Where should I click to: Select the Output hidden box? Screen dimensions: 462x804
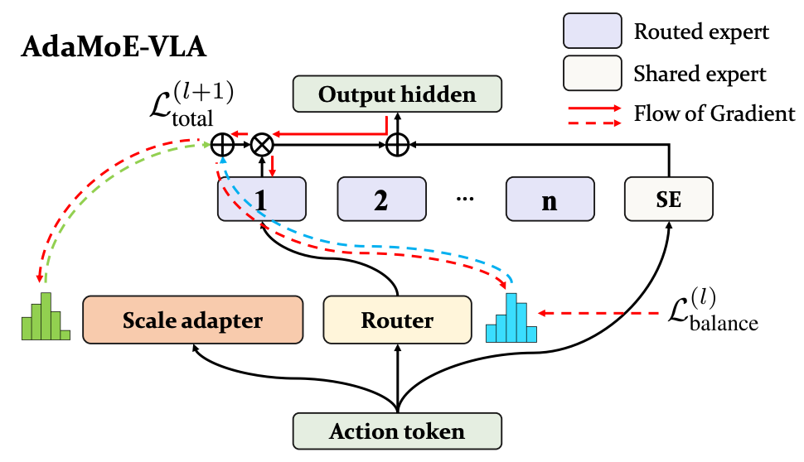(397, 94)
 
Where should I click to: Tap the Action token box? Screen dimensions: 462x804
(397, 431)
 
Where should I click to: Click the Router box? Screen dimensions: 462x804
(397, 320)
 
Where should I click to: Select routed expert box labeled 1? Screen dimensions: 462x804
(262, 200)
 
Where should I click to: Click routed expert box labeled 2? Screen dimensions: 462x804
(381, 200)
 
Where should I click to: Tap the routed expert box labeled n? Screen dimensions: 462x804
(550, 200)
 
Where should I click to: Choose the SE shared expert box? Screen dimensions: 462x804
(668, 200)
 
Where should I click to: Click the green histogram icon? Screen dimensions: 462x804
(46, 318)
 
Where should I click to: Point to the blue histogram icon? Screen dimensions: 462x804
(511, 320)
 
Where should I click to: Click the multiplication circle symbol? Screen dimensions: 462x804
(262, 145)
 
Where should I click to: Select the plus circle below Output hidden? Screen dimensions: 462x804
(397, 145)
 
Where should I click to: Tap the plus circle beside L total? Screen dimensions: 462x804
(221, 145)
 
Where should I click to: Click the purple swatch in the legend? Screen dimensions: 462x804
(591, 31)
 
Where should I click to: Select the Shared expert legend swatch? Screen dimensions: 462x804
(591, 74)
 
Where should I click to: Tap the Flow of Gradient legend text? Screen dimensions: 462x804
(714, 113)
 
